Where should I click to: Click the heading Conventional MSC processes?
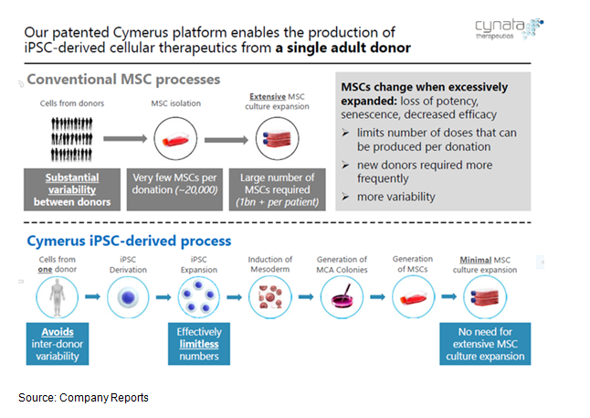[x=123, y=80]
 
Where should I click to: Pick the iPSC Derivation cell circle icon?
[x=128, y=297]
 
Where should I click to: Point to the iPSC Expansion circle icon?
[x=199, y=297]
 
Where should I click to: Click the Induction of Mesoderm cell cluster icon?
[x=270, y=297]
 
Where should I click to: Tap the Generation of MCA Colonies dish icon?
[x=342, y=297]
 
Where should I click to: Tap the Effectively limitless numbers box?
[x=199, y=342]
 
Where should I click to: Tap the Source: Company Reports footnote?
[x=84, y=398]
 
